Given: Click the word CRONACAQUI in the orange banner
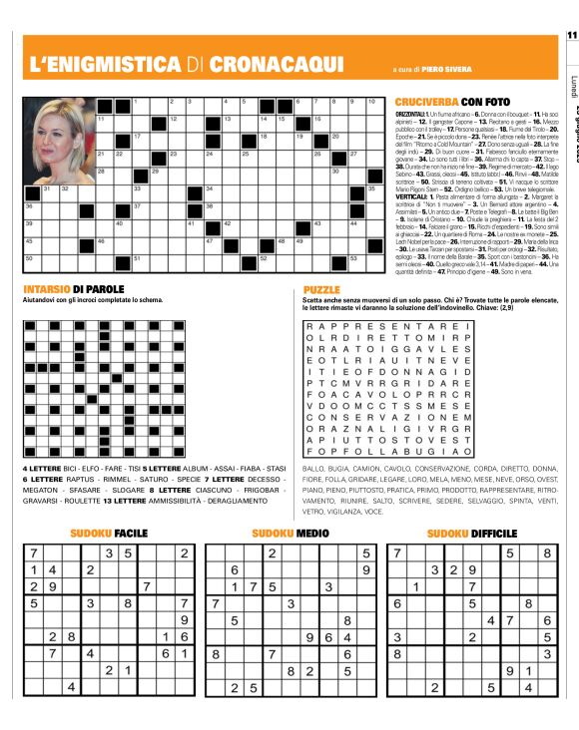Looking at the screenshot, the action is point(274,63).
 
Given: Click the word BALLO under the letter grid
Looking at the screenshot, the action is point(313,467).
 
